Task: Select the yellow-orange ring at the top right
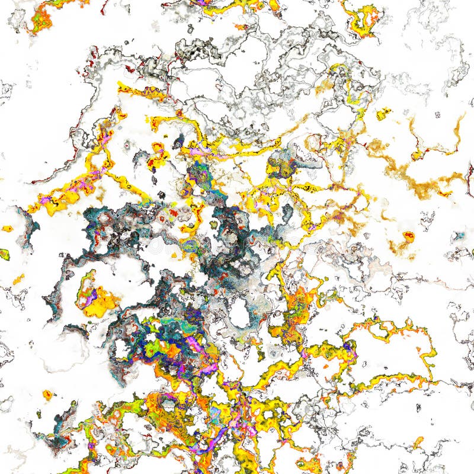coord(363,20)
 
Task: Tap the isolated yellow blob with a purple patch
coord(95,294)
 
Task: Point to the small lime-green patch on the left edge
coord(4,254)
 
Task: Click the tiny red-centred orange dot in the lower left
coord(47,394)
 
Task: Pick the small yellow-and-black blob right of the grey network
coord(383,113)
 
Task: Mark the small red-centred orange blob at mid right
coord(408,236)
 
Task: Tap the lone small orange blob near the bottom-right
coord(418,441)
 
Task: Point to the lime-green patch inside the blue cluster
coord(153,347)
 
